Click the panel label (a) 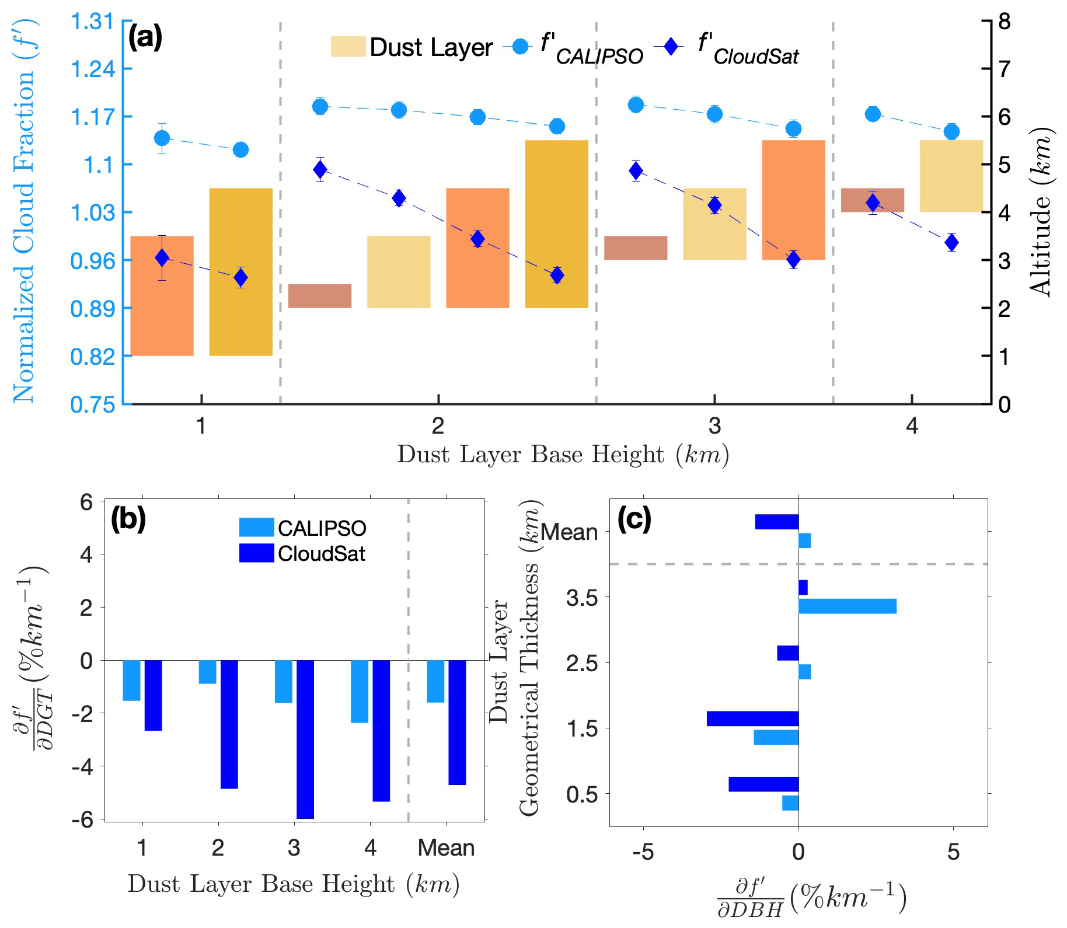pyautogui.click(x=145, y=38)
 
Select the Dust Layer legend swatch pyautogui.click(x=348, y=47)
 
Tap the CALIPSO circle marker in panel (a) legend pyautogui.click(x=520, y=47)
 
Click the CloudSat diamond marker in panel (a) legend pyautogui.click(x=672, y=47)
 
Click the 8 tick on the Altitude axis pyautogui.click(x=1004, y=22)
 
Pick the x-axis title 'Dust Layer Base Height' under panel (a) pyautogui.click(x=563, y=455)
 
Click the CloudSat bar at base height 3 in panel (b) pyautogui.click(x=305, y=739)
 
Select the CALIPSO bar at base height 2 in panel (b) pyautogui.click(x=207, y=671)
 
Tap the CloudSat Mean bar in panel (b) pyautogui.click(x=457, y=722)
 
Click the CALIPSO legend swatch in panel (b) pyautogui.click(x=256, y=528)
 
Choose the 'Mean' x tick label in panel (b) pyautogui.click(x=446, y=847)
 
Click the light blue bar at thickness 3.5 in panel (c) pyautogui.click(x=847, y=606)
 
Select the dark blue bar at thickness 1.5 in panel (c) pyautogui.click(x=752, y=718)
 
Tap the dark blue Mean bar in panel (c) pyautogui.click(x=776, y=522)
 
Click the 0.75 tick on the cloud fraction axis pyautogui.click(x=92, y=404)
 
